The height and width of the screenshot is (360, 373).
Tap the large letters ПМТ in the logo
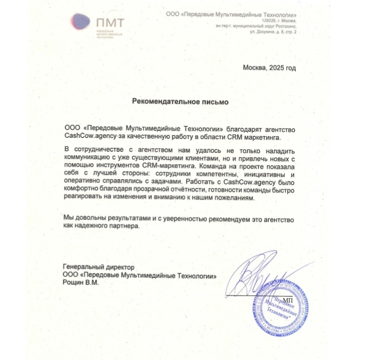(x=110, y=22)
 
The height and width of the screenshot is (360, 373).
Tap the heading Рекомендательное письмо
(x=179, y=101)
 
